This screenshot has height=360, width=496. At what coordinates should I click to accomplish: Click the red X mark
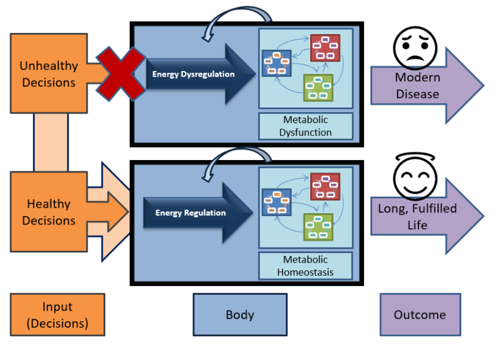121,74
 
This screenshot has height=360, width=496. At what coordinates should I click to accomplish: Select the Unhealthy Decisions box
49,73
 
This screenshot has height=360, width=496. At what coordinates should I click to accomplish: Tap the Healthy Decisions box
49,212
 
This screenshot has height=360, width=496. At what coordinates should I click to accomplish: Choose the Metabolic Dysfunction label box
305,126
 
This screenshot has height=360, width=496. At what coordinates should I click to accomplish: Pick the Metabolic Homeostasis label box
305,266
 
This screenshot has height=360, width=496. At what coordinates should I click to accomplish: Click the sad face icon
415,48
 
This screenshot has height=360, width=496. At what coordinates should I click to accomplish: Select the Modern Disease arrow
427,85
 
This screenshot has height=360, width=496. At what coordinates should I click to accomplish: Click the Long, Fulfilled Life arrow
427,217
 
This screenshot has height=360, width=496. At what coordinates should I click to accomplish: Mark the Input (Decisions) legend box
57,315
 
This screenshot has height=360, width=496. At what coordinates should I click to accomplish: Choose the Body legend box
240,315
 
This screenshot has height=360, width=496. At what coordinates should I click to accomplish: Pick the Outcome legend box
420,315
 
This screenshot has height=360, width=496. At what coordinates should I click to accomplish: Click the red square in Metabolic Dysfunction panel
325,48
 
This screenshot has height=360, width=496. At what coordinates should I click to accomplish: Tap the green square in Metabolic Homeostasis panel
319,227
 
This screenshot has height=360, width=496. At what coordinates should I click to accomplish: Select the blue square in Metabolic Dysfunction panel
277,63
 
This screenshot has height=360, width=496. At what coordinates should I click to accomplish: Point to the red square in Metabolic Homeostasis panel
325,186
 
